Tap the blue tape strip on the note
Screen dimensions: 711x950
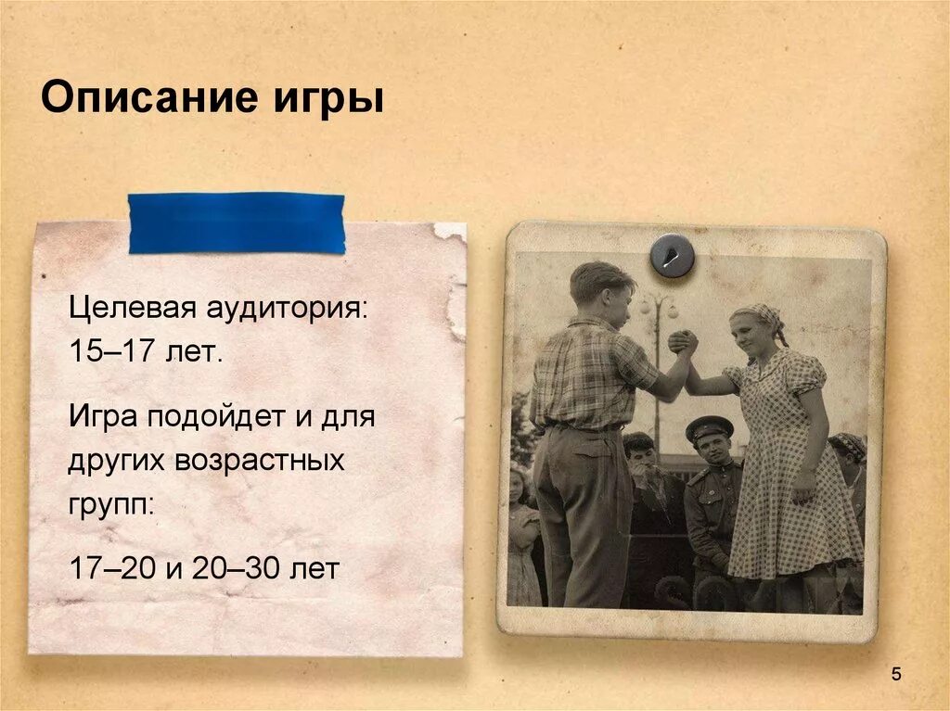pos(236,222)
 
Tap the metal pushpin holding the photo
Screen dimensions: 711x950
pos(672,255)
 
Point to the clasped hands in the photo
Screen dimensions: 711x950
pos(683,342)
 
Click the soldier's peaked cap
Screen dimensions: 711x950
pos(709,426)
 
